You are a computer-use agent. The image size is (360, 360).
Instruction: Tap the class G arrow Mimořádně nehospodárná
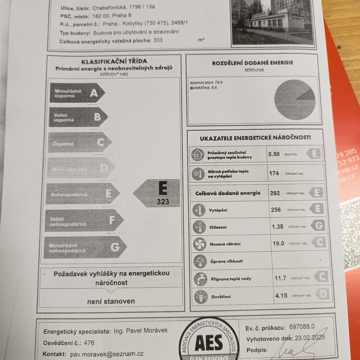pos(84,247)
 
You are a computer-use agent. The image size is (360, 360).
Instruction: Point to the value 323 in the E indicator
pos(163,202)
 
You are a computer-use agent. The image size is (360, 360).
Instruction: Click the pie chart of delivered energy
pos(295,100)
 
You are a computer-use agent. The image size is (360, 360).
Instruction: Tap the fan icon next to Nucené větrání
pos(199,244)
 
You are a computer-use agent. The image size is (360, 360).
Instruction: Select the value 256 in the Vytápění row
pos(276,210)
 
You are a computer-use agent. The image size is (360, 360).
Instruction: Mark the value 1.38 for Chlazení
pos(277,226)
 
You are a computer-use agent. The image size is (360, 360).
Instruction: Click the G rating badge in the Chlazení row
pos(319,225)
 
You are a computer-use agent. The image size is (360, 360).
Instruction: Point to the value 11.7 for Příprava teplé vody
pos(280,278)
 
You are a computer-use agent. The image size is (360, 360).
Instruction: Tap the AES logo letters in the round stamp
pos(209,342)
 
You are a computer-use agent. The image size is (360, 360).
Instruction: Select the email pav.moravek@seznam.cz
pos(107,354)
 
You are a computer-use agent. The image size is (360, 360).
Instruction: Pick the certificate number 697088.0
pos(302,327)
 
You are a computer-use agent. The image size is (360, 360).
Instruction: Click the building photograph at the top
pos(272,22)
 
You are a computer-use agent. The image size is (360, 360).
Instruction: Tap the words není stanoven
pos(111,301)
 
